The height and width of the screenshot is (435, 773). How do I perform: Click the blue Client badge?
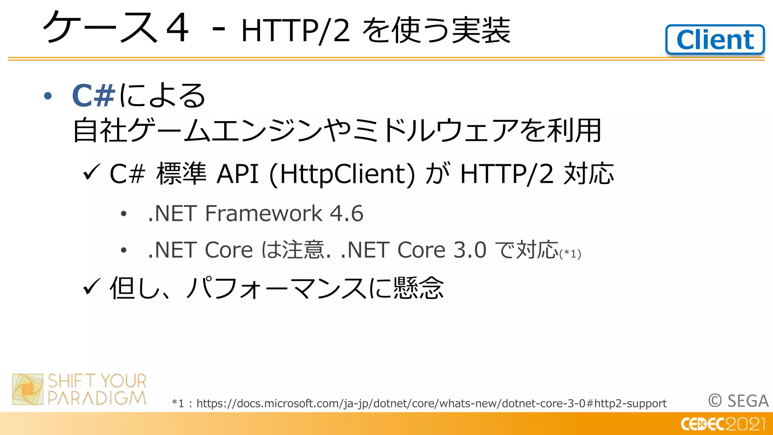coord(715,40)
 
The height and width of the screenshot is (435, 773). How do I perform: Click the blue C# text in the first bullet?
coord(93,95)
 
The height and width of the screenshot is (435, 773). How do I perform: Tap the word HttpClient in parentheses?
coord(342,174)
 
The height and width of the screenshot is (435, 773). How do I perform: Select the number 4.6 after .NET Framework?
coord(346,213)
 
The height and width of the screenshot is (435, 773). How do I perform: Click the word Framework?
coord(263,213)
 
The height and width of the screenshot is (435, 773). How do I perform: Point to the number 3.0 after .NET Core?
coord(470,250)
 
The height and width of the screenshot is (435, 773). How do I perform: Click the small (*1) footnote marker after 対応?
coord(570,254)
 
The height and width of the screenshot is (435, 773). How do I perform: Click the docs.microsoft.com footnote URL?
coord(431,403)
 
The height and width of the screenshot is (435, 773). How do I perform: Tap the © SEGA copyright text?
coord(738,401)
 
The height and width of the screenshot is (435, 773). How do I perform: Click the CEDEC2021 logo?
coord(723,424)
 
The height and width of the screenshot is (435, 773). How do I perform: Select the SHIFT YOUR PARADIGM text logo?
coord(97,389)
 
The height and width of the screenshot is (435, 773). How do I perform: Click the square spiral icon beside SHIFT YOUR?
coord(28,389)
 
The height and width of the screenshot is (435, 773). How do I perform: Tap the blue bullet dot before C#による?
coord(48,96)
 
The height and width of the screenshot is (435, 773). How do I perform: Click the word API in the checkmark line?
coord(237,174)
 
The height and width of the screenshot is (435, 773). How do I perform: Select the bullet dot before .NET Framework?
coord(123,214)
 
